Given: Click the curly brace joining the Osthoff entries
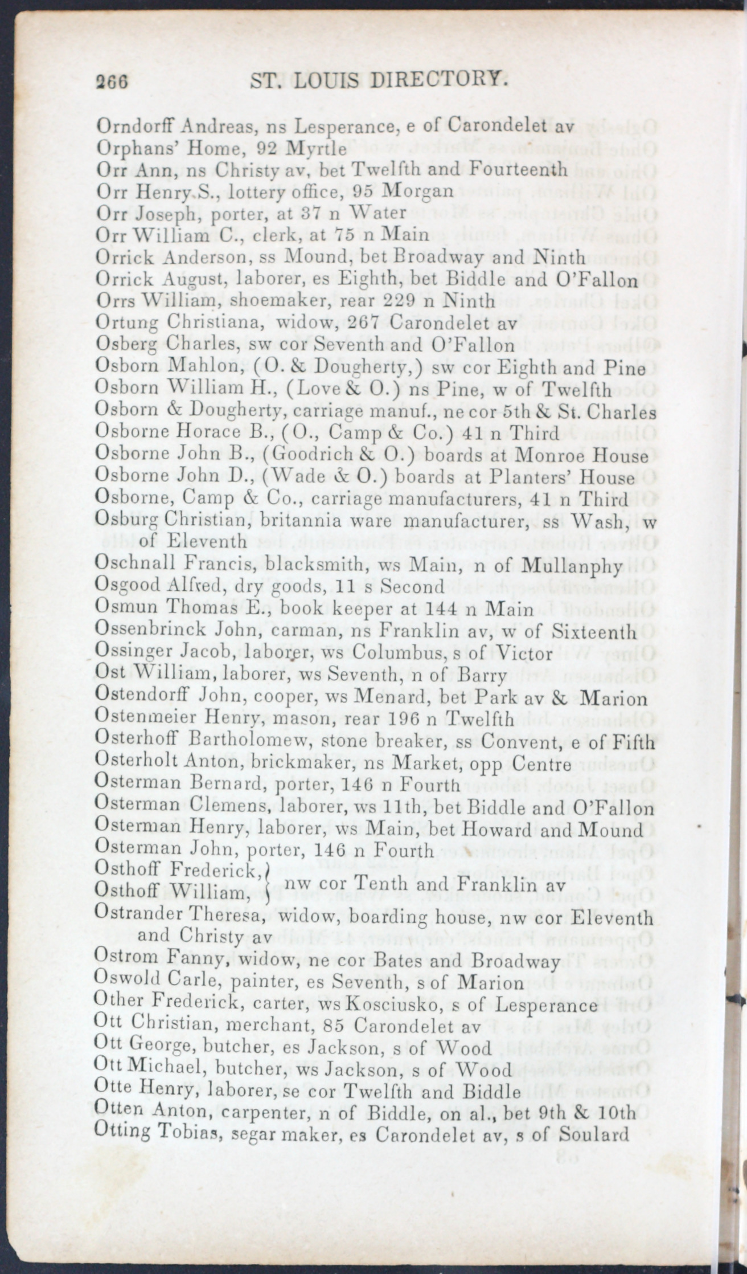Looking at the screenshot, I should [268, 883].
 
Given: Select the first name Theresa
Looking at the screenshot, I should [219, 917].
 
